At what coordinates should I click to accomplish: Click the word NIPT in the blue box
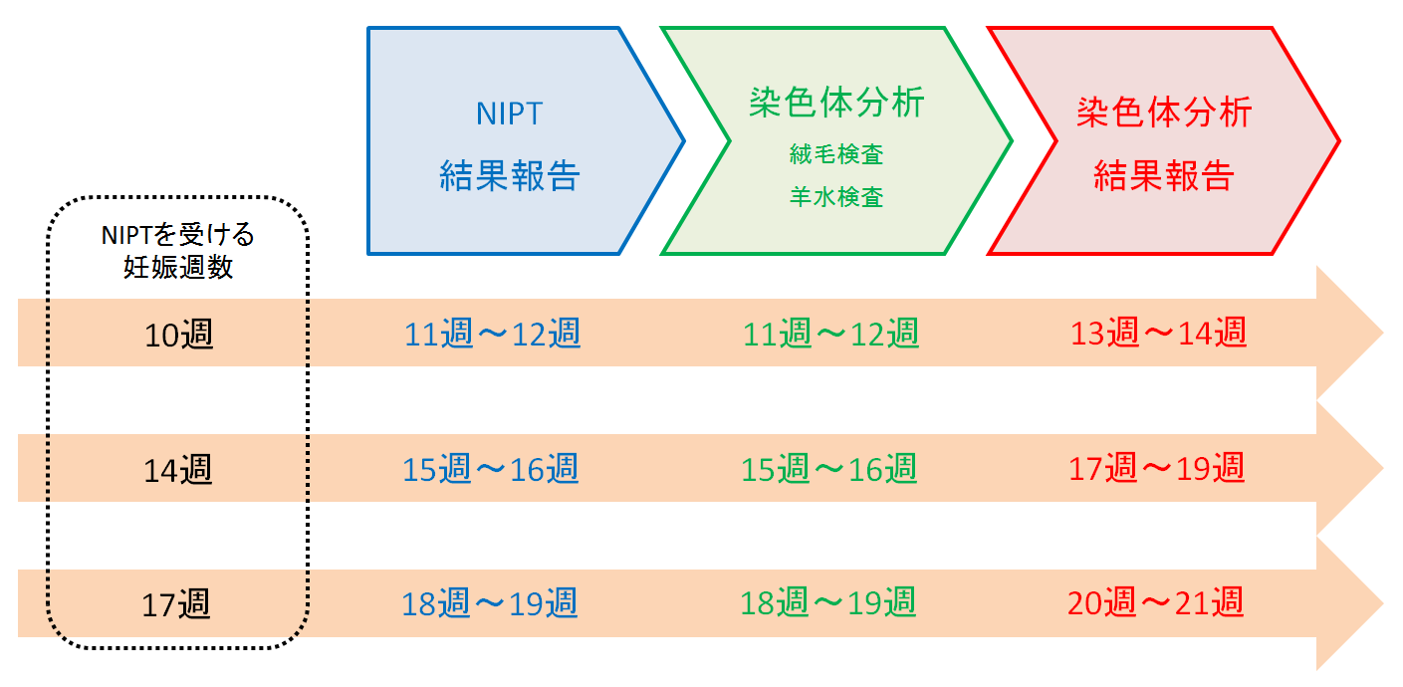click(509, 114)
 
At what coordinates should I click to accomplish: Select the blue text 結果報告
click(509, 175)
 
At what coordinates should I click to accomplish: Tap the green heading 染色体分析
click(836, 103)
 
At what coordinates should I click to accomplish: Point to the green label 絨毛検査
click(836, 154)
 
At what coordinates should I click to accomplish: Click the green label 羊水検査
click(836, 197)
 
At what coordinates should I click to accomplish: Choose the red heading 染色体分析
click(1164, 113)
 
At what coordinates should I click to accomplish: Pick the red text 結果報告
click(1164, 175)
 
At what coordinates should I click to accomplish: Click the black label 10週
click(178, 335)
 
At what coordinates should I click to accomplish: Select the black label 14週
click(178, 470)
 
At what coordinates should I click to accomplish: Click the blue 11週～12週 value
click(492, 334)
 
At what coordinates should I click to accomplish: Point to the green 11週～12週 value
click(830, 334)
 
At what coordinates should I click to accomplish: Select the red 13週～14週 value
click(1158, 332)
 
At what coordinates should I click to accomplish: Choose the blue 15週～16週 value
click(491, 468)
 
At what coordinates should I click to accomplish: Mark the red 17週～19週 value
click(1156, 467)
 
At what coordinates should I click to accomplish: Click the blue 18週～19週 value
click(489, 603)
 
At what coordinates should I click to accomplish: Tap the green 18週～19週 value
click(828, 602)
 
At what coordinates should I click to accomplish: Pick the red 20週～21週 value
click(1155, 602)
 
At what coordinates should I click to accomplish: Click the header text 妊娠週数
click(178, 268)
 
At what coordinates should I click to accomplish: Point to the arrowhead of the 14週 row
click(1346, 468)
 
